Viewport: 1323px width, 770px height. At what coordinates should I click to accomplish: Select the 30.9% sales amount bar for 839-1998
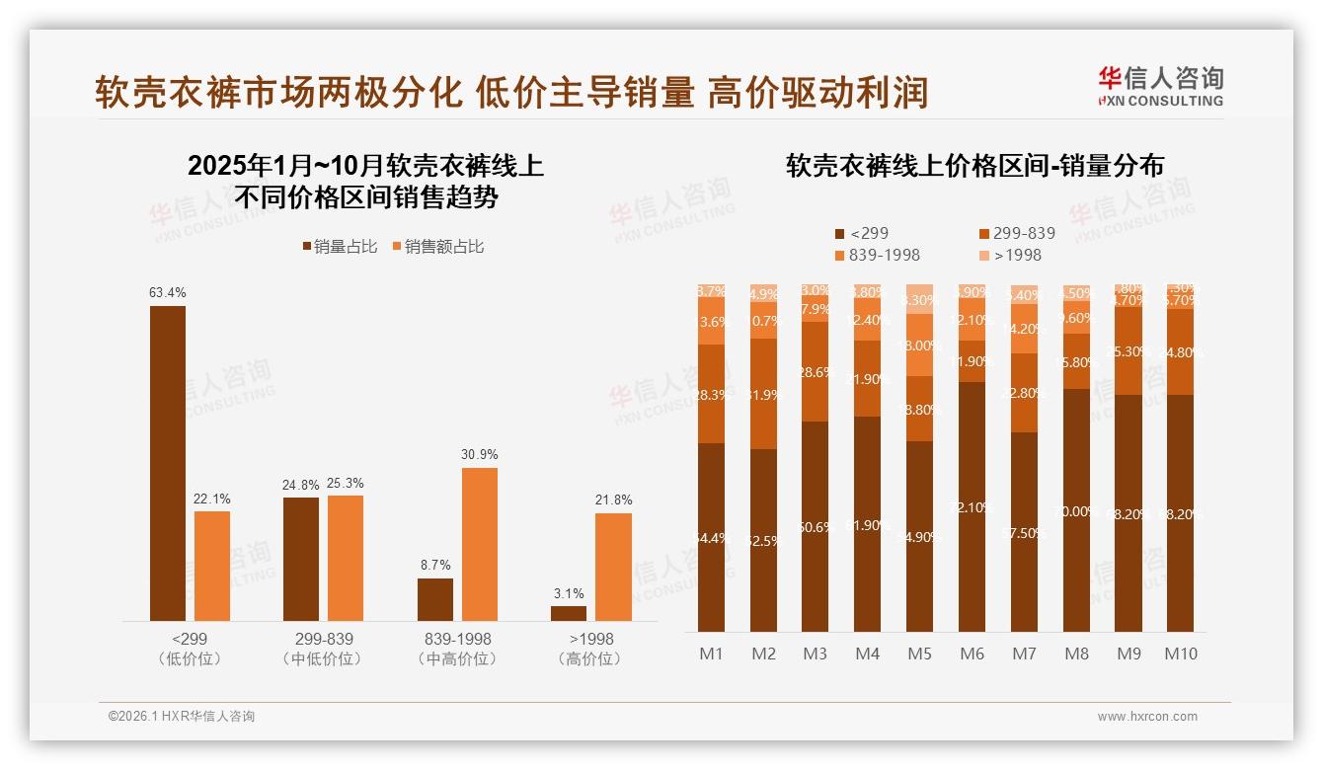point(480,544)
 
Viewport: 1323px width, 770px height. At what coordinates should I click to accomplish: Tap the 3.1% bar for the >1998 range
point(569,613)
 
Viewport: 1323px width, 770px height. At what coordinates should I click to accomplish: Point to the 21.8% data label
point(614,500)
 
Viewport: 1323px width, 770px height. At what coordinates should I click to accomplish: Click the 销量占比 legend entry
point(339,247)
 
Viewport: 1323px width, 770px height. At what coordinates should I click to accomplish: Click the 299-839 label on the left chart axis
point(323,639)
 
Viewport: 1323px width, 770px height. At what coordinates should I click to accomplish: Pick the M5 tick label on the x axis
point(919,654)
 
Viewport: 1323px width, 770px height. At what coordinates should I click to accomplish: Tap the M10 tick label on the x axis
point(1181,654)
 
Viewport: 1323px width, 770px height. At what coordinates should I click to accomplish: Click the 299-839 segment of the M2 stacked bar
point(763,394)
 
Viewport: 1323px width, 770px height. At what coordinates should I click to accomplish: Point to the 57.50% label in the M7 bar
point(1024,532)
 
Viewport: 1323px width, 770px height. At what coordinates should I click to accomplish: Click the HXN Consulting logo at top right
point(1160,86)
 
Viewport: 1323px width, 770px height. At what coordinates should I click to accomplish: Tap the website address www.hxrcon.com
point(1146,717)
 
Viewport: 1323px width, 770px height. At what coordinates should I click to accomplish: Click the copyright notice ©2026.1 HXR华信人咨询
point(181,717)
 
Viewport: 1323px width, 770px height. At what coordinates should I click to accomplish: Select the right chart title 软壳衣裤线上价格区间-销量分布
point(973,166)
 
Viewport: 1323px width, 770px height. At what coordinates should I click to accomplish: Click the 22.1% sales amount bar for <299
point(212,566)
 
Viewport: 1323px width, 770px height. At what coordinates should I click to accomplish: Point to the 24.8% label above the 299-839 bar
point(301,485)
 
